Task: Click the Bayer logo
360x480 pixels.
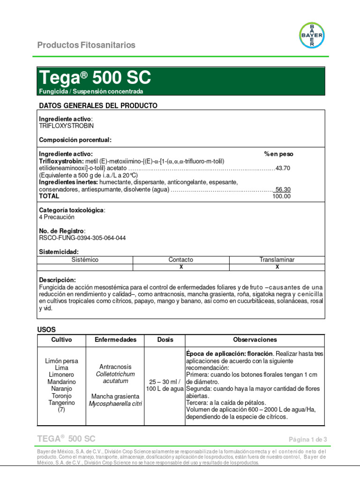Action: [x=312, y=35]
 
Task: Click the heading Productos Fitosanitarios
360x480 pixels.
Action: [x=86, y=45]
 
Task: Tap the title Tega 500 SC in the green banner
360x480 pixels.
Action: [x=95, y=77]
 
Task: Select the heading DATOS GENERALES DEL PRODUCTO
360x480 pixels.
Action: [x=98, y=105]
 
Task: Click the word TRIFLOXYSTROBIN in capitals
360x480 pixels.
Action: [x=66, y=126]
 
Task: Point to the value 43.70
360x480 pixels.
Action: [x=283, y=168]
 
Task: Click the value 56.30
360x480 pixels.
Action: [x=283, y=189]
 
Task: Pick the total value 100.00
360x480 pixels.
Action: [x=281, y=196]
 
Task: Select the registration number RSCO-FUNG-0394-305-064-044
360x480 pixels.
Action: [x=82, y=238]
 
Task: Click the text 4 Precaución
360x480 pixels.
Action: [x=56, y=217]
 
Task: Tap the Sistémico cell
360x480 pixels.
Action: [x=85, y=260]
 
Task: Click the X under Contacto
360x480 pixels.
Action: [x=181, y=267]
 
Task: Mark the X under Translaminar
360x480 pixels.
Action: [x=277, y=267]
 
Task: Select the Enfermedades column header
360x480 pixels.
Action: [x=115, y=339]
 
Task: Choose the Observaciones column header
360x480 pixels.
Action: [x=255, y=339]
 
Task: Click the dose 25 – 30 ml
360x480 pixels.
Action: [x=165, y=382]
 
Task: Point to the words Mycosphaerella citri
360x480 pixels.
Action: [x=115, y=404]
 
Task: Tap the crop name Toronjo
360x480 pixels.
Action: [x=61, y=396]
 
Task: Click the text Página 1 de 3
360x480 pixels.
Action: [x=307, y=439]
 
